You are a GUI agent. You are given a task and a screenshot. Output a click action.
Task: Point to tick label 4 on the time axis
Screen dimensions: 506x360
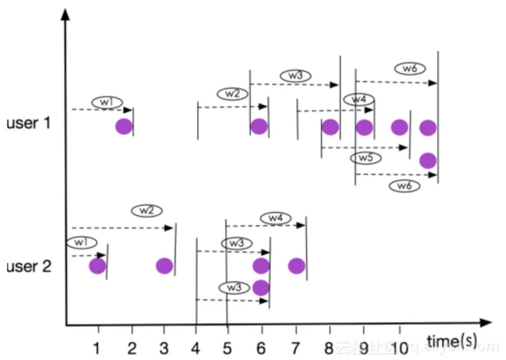tap(196, 348)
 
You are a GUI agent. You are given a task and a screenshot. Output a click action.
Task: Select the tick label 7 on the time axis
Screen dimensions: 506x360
tap(296, 348)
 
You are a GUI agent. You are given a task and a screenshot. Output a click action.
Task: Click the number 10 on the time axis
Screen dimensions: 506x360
tap(400, 348)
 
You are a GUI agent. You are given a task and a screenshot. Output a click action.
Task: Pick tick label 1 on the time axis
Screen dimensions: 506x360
tap(97, 348)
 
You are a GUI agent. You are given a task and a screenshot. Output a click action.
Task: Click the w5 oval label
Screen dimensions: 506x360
tap(366, 158)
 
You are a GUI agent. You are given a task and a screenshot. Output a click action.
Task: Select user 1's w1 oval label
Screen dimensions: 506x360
tap(107, 102)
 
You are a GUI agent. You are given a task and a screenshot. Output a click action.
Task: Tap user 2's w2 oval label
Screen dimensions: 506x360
tap(147, 211)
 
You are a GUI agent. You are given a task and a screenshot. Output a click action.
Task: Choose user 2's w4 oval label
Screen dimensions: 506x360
tap(275, 218)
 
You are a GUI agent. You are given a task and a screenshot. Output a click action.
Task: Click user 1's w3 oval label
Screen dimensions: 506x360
tap(296, 75)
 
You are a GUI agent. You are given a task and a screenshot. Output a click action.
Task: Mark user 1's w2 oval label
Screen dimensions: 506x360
tap(232, 94)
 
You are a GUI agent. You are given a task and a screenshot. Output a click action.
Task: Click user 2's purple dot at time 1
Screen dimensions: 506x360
tap(97, 266)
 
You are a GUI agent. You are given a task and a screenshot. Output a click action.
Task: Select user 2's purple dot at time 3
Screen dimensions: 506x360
tap(164, 266)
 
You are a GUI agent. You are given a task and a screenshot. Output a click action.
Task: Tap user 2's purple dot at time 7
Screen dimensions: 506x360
tap(297, 266)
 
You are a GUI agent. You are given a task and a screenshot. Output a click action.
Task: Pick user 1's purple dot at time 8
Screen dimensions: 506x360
tap(330, 127)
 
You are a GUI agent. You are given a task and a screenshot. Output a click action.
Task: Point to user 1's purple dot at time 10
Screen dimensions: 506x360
tap(399, 127)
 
